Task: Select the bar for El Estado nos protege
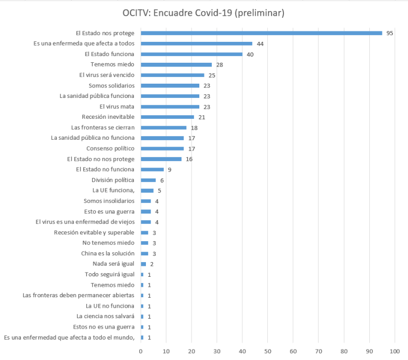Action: tap(262, 33)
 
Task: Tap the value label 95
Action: tap(390, 33)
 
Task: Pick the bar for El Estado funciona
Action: tap(191, 54)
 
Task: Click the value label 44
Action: tap(260, 43)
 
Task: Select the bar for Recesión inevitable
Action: tap(167, 117)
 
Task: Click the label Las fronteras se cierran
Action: tap(103, 127)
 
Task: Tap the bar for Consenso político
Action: tap(162, 148)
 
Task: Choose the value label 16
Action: tap(189, 159)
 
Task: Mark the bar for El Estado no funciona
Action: tap(152, 169)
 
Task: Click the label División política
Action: tap(112, 180)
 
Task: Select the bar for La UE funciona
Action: tap(147, 190)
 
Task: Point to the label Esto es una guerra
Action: tap(109, 211)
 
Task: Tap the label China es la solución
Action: tap(108, 253)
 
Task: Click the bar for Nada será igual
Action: tap(143, 264)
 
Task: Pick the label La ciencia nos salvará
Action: tap(105, 316)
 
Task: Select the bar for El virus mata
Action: tap(170, 106)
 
